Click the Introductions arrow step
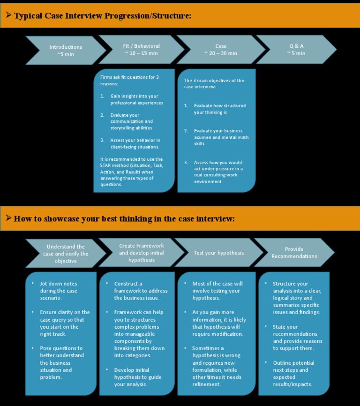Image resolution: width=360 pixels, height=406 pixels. click(66, 50)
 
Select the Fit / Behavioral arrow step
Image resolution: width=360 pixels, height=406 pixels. click(141, 50)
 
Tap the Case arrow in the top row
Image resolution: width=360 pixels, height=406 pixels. click(221, 50)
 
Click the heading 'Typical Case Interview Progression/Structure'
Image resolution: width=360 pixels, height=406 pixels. click(103, 16)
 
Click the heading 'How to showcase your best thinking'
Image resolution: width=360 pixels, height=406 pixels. click(124, 218)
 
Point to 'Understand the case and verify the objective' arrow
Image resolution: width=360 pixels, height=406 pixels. click(66, 254)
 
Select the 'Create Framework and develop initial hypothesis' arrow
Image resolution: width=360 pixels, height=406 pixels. click(142, 253)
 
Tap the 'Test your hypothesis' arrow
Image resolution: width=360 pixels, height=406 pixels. click(219, 253)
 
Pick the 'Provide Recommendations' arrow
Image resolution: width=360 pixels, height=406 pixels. click(294, 253)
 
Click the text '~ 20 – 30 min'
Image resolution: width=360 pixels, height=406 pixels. click(221, 53)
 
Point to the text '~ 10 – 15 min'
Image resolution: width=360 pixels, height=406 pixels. click(141, 53)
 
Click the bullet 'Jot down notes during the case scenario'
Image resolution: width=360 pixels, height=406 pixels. click(59, 291)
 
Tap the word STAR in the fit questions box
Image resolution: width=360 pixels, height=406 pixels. click(107, 165)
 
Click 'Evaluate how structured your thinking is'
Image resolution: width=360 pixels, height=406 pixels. click(219, 109)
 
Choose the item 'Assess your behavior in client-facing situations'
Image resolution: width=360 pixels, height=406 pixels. click(135, 143)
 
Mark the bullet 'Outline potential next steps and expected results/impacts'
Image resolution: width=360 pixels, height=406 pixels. click(293, 374)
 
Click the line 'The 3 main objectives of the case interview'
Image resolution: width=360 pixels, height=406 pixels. click(214, 83)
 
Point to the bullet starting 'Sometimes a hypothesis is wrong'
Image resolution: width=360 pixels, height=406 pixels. click(216, 366)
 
